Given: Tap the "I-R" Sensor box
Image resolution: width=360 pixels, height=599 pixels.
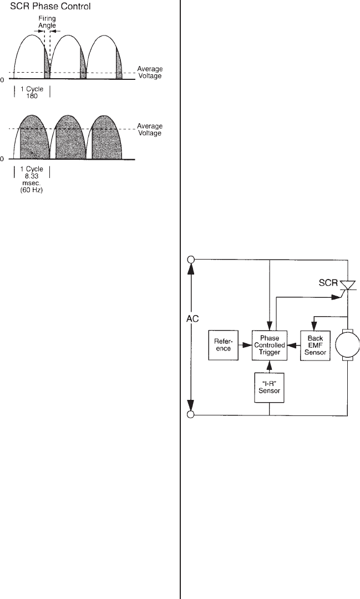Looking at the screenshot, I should coord(268,387).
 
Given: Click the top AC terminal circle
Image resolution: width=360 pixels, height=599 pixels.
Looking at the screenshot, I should coord(191,259).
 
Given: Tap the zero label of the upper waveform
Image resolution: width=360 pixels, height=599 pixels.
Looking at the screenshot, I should coord(2,79).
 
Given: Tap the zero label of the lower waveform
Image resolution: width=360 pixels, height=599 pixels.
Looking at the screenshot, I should coord(2,159).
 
